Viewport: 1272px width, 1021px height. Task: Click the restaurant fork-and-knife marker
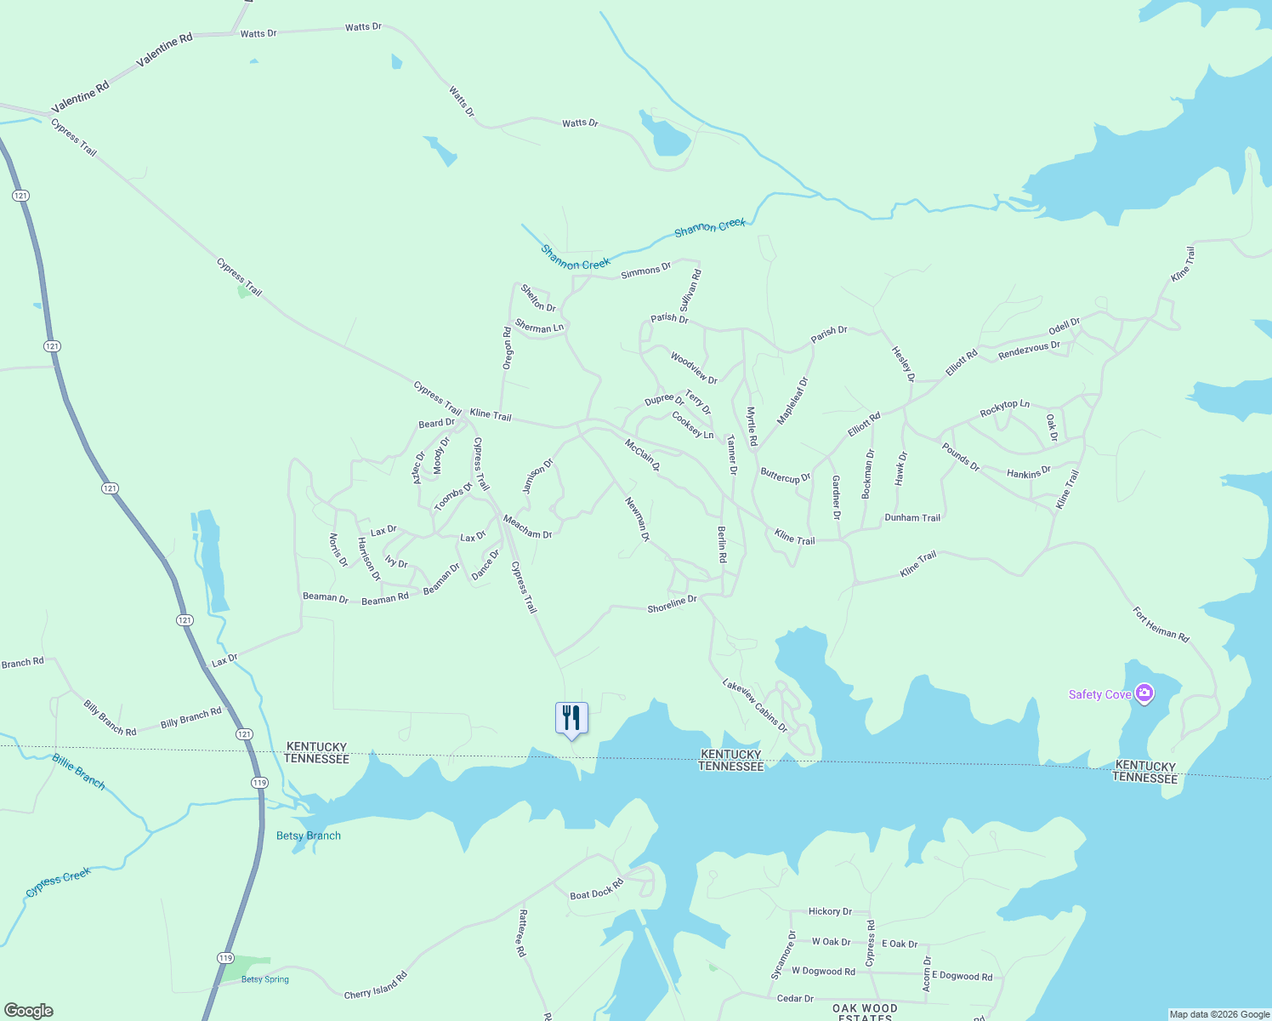point(571,718)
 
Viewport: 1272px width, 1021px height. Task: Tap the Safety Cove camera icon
point(1144,693)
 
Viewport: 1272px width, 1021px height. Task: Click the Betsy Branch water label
point(309,836)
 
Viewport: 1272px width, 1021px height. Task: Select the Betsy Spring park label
point(264,979)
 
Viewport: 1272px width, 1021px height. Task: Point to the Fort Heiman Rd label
point(1161,624)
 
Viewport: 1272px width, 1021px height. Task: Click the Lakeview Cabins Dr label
point(755,705)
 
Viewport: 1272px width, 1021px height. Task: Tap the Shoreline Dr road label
point(672,604)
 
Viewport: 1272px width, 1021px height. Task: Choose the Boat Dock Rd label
point(596,890)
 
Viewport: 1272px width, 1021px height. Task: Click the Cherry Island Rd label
point(376,986)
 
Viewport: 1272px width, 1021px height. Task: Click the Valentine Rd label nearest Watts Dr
point(165,50)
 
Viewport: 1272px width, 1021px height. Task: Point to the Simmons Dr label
point(645,271)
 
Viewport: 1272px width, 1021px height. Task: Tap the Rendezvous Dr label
point(1029,350)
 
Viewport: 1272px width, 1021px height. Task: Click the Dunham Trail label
point(912,517)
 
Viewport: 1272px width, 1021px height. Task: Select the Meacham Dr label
point(527,527)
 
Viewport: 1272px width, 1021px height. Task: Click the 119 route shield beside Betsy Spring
point(224,958)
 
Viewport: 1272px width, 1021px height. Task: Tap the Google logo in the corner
point(28,1011)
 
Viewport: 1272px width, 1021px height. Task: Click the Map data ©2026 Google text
point(1218,1014)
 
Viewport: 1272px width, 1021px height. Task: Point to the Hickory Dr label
point(830,911)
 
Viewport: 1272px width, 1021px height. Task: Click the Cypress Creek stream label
point(58,882)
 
